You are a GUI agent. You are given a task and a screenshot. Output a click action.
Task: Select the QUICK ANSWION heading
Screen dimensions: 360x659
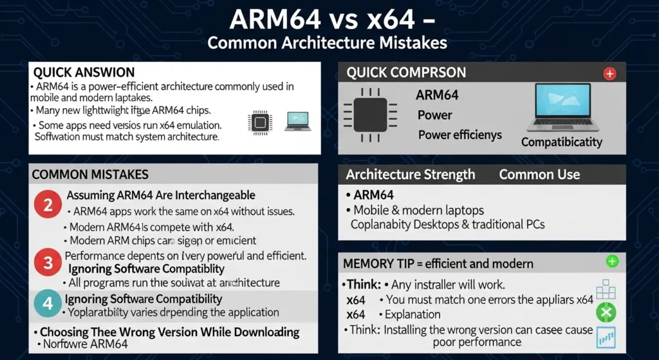84,73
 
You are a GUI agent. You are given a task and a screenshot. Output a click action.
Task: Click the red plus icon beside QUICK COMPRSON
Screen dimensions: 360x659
609,74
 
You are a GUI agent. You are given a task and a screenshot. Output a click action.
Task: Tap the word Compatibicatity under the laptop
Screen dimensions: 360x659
561,142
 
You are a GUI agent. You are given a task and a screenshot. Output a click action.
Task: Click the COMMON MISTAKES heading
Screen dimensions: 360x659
90,175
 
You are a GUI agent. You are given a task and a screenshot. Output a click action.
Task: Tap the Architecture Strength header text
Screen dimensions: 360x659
411,175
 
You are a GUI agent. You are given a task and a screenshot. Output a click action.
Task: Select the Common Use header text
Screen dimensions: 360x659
539,175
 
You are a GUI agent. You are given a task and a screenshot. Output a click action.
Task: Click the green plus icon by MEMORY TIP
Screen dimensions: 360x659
612,261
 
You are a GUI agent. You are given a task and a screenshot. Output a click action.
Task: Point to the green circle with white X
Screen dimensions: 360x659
606,313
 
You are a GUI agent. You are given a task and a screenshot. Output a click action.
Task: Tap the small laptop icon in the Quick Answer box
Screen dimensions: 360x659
297,122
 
